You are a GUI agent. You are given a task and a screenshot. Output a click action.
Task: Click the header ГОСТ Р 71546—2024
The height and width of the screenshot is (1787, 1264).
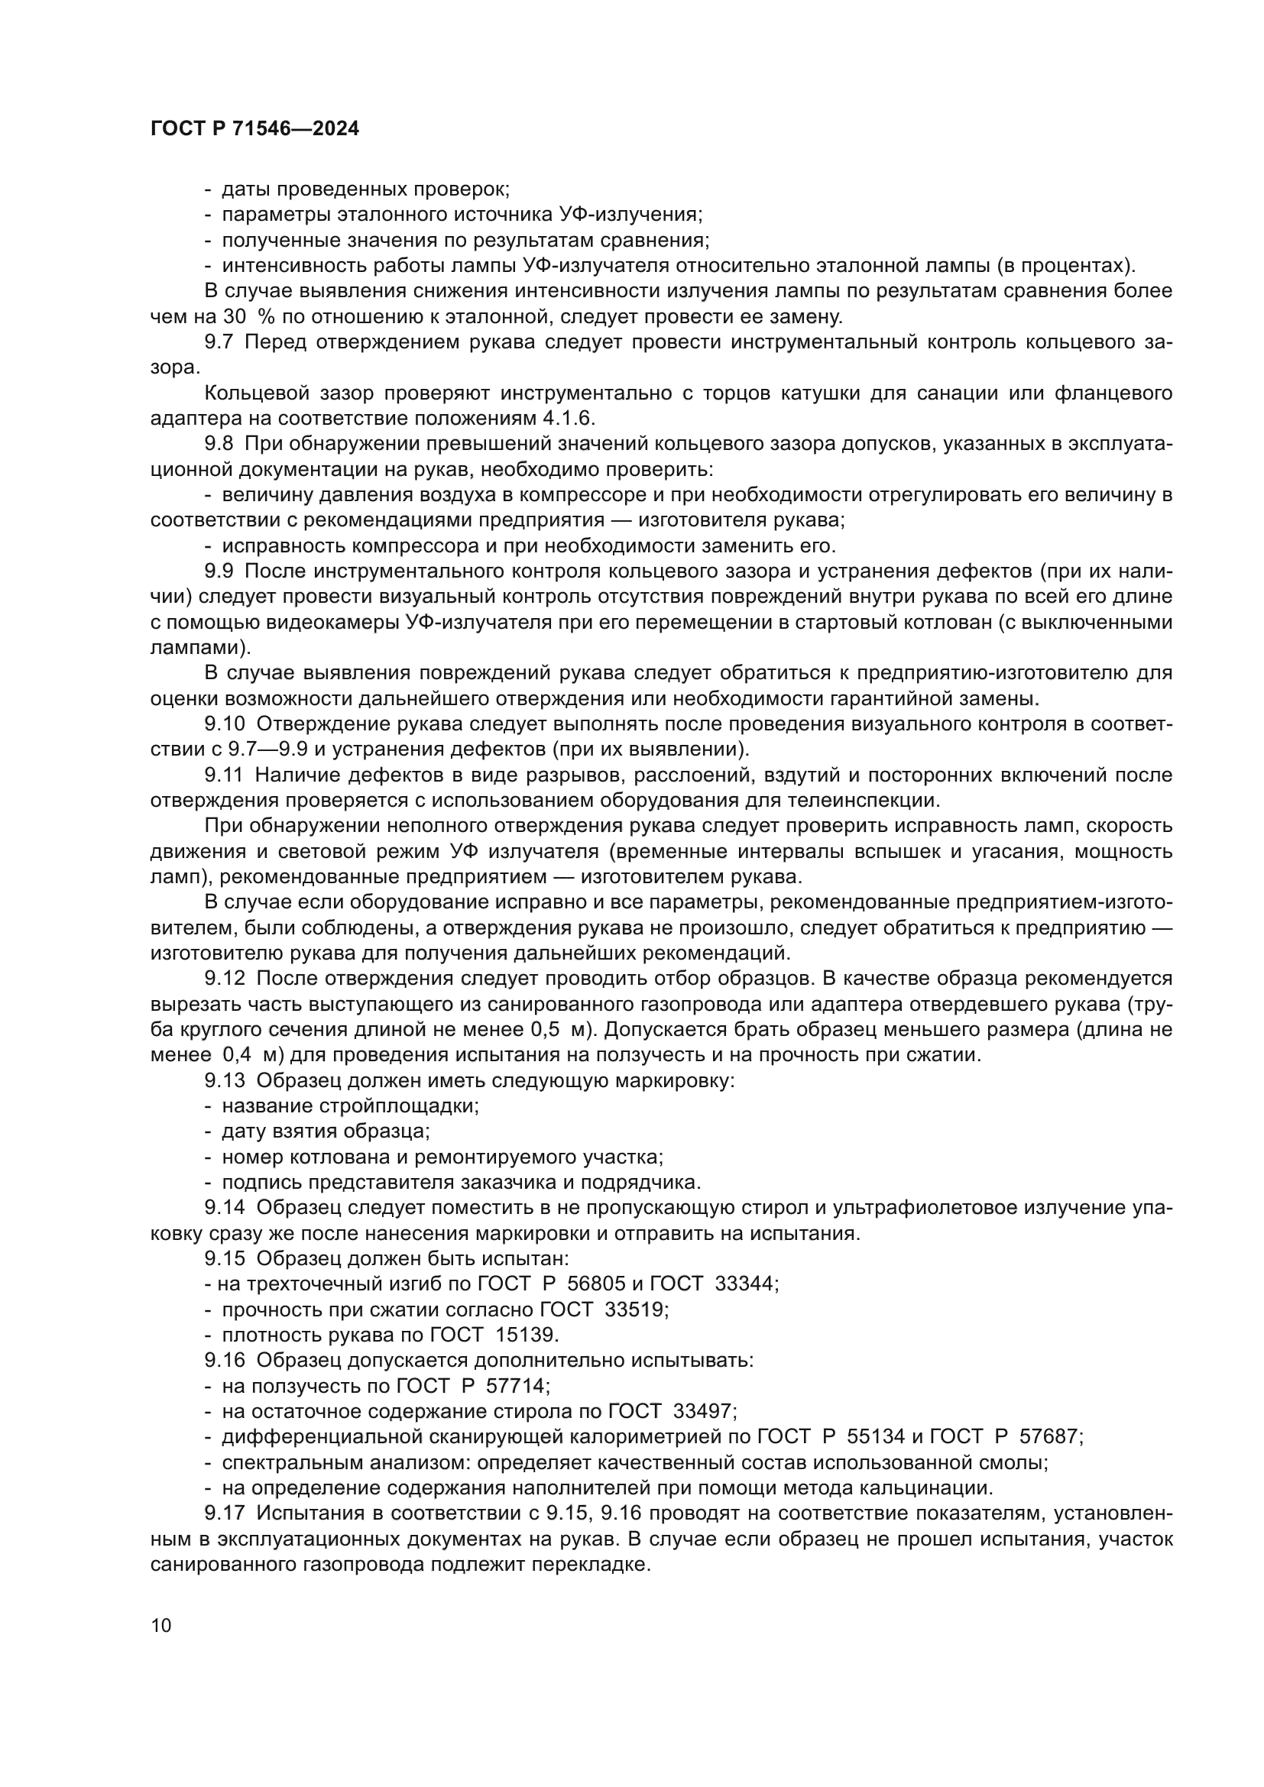(254, 129)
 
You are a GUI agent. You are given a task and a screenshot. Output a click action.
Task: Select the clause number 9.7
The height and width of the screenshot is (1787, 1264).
(219, 342)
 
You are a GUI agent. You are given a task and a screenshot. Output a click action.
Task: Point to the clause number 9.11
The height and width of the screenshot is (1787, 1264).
(224, 775)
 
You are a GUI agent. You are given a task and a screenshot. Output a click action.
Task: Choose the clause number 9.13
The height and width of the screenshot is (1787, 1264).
(224, 1081)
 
